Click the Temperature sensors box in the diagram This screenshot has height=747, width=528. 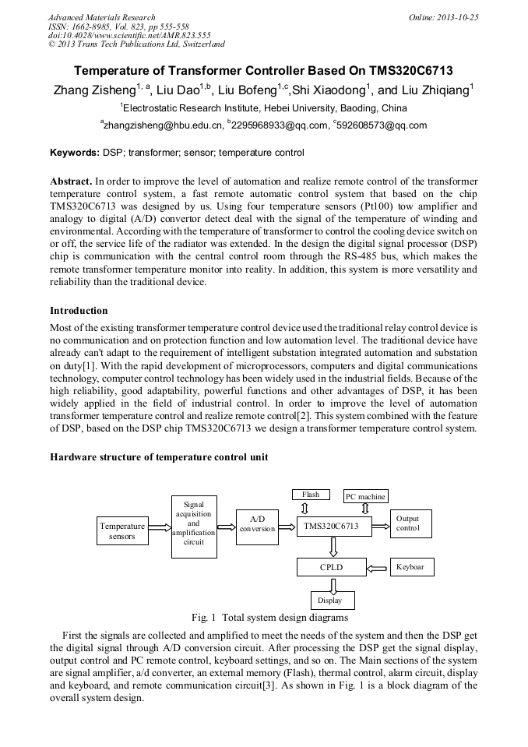coord(121,530)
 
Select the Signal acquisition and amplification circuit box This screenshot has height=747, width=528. coord(193,523)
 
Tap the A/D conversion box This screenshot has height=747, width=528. coord(257,523)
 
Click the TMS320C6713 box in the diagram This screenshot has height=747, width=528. coord(332,527)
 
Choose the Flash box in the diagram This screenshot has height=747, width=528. coord(311,495)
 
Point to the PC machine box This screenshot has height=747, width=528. coord(365,496)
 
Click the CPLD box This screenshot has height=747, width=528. coord(332,567)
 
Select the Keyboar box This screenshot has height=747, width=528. coord(411,567)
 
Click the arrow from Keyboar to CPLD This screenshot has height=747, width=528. coord(378,568)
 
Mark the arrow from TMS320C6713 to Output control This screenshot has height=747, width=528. coord(381,527)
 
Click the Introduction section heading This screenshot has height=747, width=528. coord(79,311)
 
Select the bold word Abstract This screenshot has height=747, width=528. coord(71,181)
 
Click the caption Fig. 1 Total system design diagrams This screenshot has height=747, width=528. coord(263,618)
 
